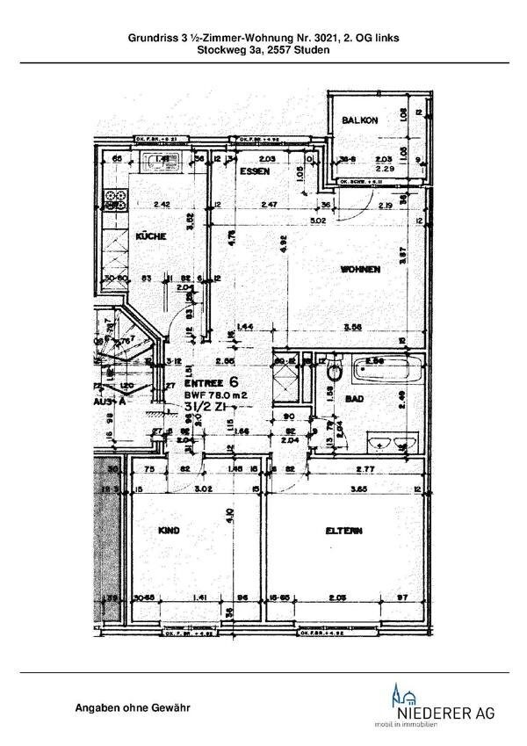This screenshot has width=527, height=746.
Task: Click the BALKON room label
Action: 360,120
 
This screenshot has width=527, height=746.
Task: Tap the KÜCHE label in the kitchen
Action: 151,236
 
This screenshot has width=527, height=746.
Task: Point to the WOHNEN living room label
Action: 361,270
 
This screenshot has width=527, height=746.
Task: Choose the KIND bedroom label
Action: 169,531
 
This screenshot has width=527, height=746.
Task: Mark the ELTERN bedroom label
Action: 343,531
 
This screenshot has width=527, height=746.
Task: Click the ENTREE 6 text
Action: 211,381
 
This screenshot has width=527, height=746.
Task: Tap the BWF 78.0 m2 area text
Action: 215,395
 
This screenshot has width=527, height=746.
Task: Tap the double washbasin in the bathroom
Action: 390,440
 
